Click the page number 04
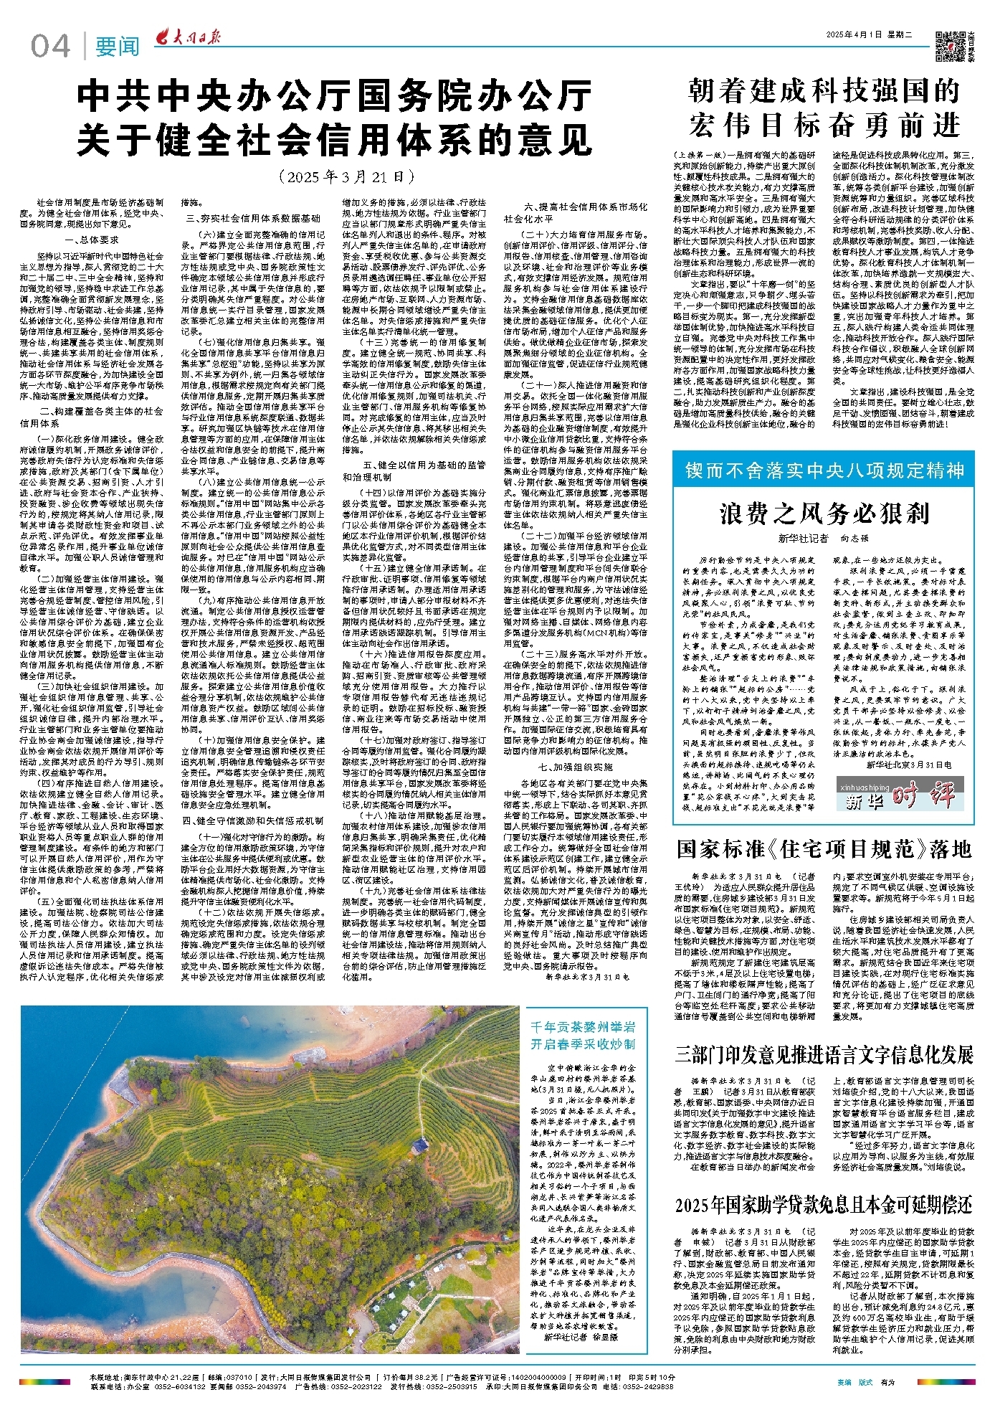pyautogui.click(x=51, y=47)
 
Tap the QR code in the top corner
pyautogui.click(x=951, y=47)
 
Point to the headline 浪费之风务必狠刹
pyautogui.click(x=824, y=514)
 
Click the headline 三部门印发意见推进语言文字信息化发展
pyautogui.click(x=824, y=1055)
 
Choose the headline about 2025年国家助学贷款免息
pyautogui.click(x=824, y=1205)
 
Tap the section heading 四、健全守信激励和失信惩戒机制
pyautogui.click(x=252, y=820)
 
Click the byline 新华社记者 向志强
pyautogui.click(x=823, y=538)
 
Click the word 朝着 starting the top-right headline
pyautogui.click(x=715, y=92)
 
